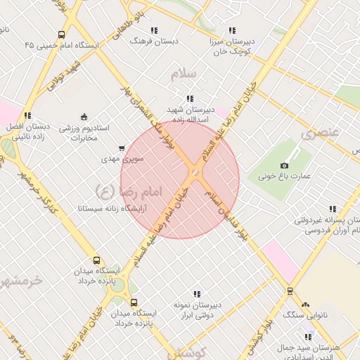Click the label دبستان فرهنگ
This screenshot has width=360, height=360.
(x=155, y=41)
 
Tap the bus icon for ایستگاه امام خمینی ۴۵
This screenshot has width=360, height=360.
(x=62, y=34)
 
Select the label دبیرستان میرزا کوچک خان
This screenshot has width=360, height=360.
(x=232, y=47)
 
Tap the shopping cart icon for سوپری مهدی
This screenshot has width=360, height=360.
(x=122, y=148)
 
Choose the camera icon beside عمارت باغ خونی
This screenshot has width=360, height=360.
(x=284, y=165)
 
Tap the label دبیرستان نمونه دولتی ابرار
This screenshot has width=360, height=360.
(x=197, y=310)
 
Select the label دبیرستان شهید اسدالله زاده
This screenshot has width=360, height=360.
(x=188, y=115)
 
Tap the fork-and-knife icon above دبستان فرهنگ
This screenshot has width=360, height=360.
(x=155, y=30)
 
